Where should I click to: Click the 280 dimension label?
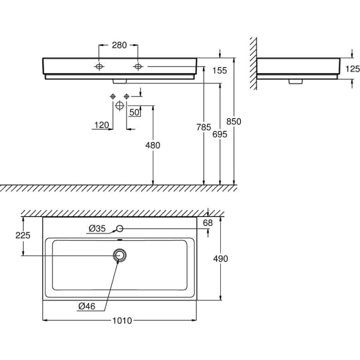tap(119, 45)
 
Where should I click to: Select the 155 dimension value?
tap(219, 71)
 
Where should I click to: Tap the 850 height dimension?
tap(234, 121)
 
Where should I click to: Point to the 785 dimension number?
tap(204, 127)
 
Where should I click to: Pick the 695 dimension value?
tap(220, 134)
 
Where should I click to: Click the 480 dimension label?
tap(153, 145)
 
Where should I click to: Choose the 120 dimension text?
tap(101, 125)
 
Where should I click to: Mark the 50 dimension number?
tap(134, 113)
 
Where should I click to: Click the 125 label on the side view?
tap(353, 69)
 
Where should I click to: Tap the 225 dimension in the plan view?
tap(23, 235)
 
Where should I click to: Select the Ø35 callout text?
tap(97, 228)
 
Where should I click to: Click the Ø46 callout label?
tap(87, 306)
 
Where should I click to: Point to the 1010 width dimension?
tap(122, 320)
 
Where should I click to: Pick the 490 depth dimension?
tap(220, 259)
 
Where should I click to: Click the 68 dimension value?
tap(208, 223)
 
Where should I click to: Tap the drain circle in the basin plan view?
tap(120, 255)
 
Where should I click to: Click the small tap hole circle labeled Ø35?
tap(120, 228)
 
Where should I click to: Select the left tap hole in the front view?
tap(99, 67)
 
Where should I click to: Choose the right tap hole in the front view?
tap(138, 67)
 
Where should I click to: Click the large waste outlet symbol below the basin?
tap(120, 106)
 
